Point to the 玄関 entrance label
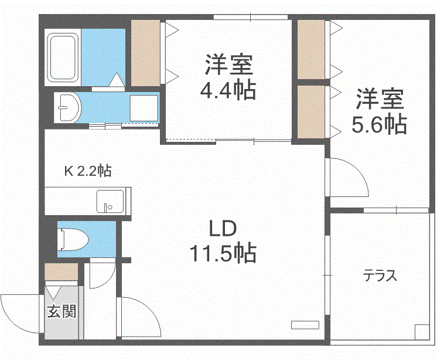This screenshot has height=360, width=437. (x=61, y=311)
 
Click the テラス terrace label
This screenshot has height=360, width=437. (x=380, y=274)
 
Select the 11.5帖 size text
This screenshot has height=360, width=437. (x=222, y=253)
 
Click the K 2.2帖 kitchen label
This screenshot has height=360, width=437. (x=88, y=171)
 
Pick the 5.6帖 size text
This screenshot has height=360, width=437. (x=380, y=124)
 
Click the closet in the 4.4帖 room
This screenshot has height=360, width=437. (x=145, y=53)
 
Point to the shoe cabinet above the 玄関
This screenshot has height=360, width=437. (x=61, y=273)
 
